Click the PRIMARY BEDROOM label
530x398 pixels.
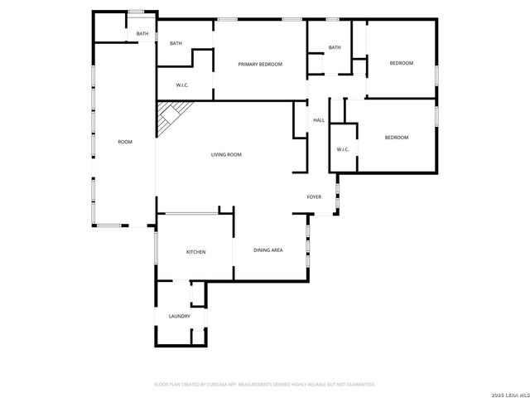260,64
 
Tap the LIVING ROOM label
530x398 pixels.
226,154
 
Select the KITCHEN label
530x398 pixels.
195,252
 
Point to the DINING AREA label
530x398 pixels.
268,250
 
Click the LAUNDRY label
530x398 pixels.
180,316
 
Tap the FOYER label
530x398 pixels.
314,197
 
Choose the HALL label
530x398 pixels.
318,120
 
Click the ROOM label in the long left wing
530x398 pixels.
124,142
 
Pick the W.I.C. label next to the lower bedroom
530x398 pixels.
343,149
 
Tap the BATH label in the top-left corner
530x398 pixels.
142,34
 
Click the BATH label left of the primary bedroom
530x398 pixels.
176,43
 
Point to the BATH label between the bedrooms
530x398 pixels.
335,47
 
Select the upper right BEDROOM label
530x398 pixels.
401,63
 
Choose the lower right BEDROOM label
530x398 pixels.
397,137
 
